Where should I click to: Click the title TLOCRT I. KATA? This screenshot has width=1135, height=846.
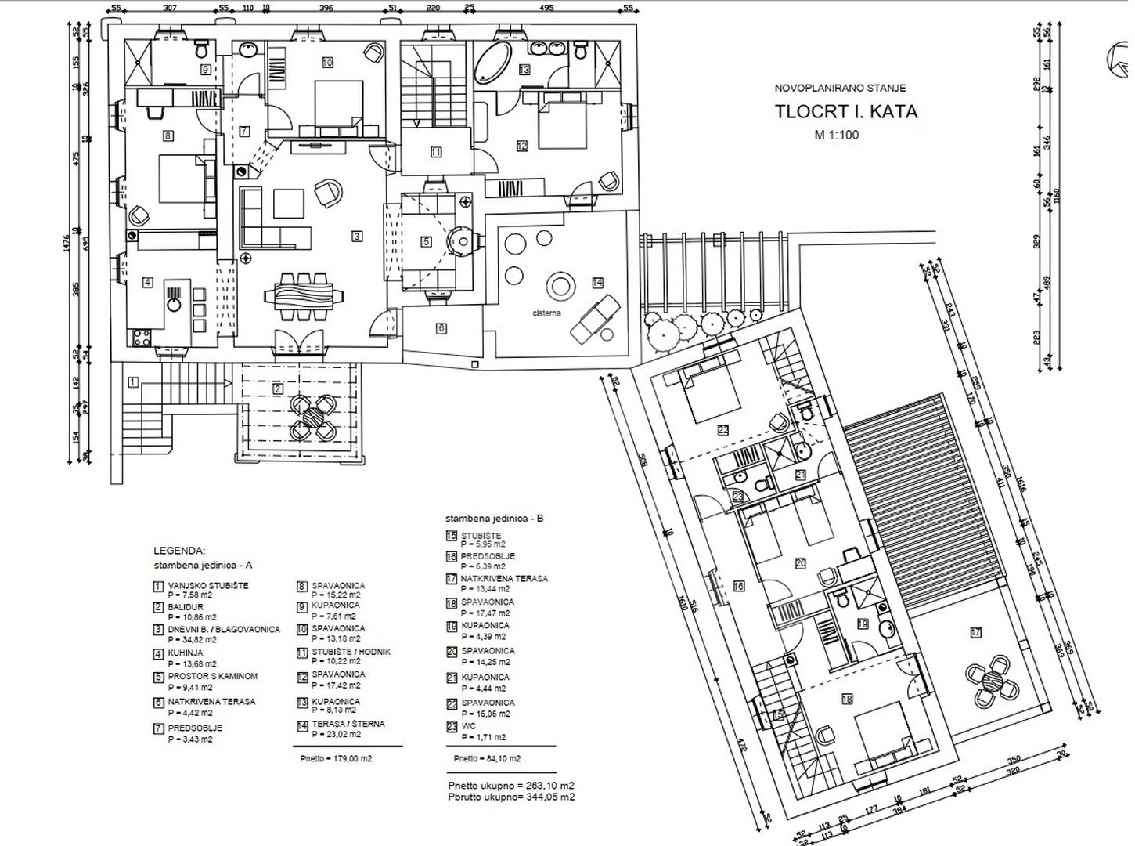pyautogui.click(x=846, y=110)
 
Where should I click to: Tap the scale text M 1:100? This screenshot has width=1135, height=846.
pyautogui.click(x=837, y=135)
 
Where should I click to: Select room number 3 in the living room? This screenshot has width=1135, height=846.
pyautogui.click(x=356, y=235)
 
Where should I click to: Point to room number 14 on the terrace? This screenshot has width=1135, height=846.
pyautogui.click(x=598, y=282)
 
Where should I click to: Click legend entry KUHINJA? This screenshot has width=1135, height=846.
pyautogui.click(x=186, y=653)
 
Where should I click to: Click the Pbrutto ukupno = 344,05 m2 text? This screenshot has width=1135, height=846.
pyautogui.click(x=511, y=797)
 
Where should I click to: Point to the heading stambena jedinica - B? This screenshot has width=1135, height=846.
pyautogui.click(x=494, y=519)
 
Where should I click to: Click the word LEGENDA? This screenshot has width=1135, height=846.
pyautogui.click(x=179, y=551)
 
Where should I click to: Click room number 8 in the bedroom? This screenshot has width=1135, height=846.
pyautogui.click(x=168, y=136)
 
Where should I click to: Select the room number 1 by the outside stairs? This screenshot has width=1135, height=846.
pyautogui.click(x=134, y=383)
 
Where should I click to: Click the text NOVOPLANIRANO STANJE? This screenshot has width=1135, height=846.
pyautogui.click(x=840, y=89)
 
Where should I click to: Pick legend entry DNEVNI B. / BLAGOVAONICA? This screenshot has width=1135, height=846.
pyautogui.click(x=223, y=629)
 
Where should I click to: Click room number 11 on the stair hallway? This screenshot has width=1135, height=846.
pyautogui.click(x=435, y=153)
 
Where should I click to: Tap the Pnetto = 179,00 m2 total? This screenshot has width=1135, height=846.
pyautogui.click(x=337, y=758)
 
